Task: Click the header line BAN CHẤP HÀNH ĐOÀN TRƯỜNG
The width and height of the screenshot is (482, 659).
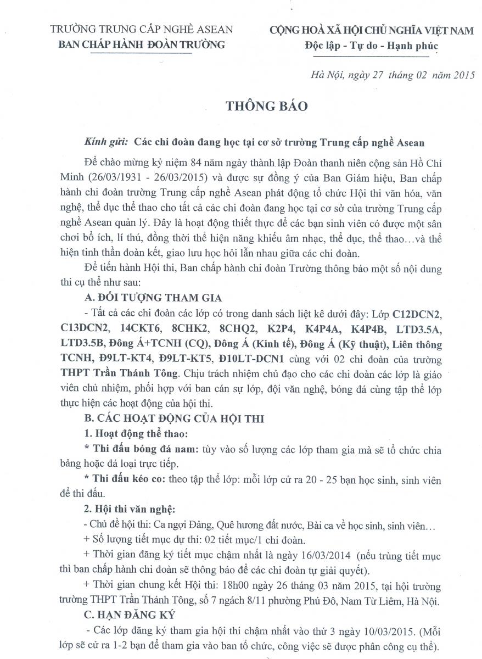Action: [142, 45]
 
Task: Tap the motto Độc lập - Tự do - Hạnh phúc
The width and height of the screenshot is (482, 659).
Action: [371, 46]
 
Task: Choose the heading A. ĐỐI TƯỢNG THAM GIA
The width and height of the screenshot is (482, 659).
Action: [150, 298]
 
